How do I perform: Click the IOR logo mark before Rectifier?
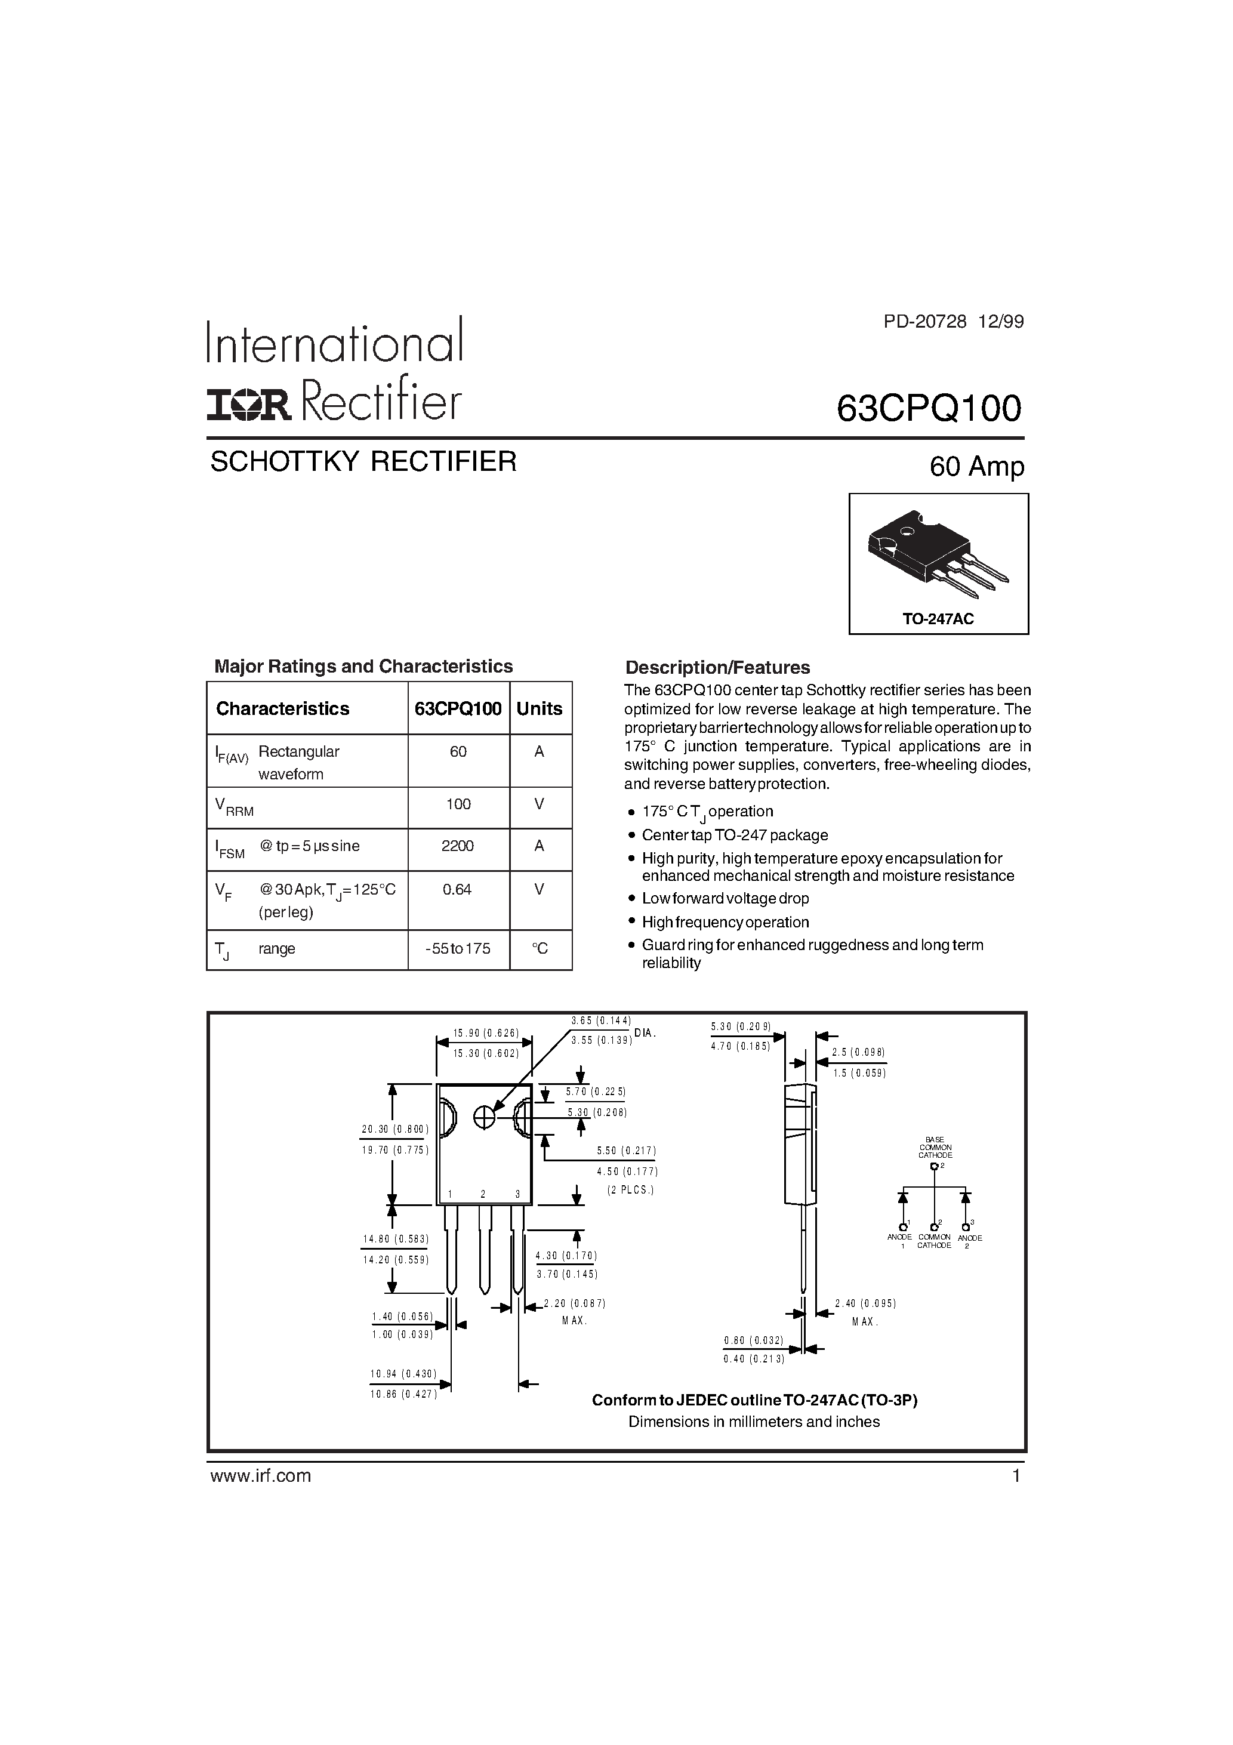click(x=249, y=406)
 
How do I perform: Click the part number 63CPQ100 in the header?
click(x=929, y=409)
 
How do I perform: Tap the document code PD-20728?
click(x=925, y=322)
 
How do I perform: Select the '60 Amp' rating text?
click(x=977, y=466)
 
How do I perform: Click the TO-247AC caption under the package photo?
click(x=938, y=619)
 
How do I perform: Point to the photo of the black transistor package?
click(x=936, y=553)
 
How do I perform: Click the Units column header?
click(x=540, y=708)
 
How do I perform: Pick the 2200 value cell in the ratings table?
click(x=458, y=846)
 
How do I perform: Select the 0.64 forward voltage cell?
click(x=458, y=889)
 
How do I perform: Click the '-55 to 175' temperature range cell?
click(x=458, y=948)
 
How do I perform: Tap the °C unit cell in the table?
click(x=540, y=948)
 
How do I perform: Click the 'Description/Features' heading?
click(x=717, y=667)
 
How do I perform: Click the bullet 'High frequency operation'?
click(x=725, y=922)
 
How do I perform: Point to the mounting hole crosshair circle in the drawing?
click(x=484, y=1117)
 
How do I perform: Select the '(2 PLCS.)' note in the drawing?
click(x=630, y=1190)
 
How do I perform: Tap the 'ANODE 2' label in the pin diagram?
click(x=967, y=1243)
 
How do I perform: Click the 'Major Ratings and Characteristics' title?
click(x=363, y=667)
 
